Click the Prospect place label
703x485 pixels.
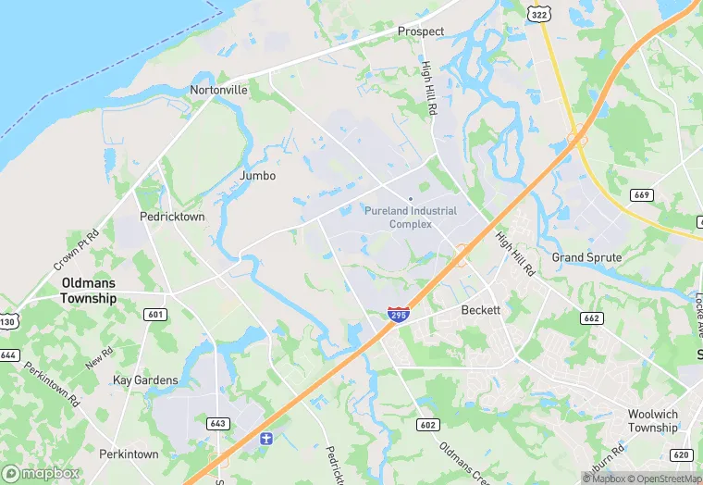[421, 31]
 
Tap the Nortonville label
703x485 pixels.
[218, 91]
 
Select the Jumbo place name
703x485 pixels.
[258, 175]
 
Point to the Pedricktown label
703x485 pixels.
[171, 217]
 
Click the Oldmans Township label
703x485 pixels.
[89, 291]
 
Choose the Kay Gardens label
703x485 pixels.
[144, 380]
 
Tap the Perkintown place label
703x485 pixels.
[129, 454]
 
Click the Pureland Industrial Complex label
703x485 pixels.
[411, 218]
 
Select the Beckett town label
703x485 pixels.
[481, 311]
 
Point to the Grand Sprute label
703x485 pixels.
[586, 256]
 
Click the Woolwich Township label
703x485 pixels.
[653, 421]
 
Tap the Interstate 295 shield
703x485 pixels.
[399, 315]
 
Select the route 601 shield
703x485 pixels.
[155, 315]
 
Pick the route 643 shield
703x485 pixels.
[217, 424]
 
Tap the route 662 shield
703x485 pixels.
[591, 318]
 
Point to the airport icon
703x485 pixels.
[265, 437]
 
